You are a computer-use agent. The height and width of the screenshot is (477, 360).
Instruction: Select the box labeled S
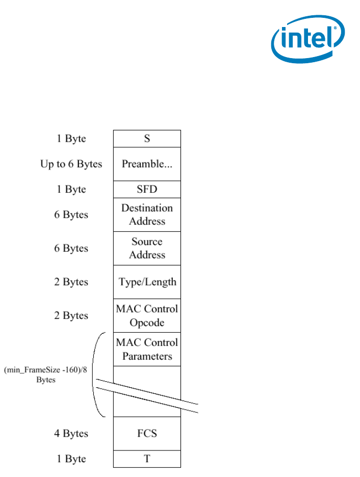pyautogui.click(x=147, y=139)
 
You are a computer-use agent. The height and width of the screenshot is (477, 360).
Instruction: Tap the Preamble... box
pyautogui.click(x=147, y=164)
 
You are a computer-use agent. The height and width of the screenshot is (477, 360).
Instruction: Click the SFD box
pyautogui.click(x=147, y=189)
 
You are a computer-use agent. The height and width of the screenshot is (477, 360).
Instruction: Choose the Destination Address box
pyautogui.click(x=147, y=215)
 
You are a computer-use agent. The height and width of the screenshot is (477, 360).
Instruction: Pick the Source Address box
pyautogui.click(x=147, y=248)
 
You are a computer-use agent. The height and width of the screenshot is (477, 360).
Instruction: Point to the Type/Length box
pyautogui.click(x=147, y=282)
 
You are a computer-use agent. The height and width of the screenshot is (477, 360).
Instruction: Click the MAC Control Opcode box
pyautogui.click(x=147, y=315)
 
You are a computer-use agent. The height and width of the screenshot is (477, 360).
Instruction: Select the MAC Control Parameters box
pyautogui.click(x=147, y=349)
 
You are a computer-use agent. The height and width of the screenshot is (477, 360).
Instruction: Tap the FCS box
pyautogui.click(x=147, y=434)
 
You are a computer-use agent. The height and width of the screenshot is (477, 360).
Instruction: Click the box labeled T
pyautogui.click(x=147, y=459)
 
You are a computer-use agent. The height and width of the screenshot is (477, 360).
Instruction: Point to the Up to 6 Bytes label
pyautogui.click(x=71, y=164)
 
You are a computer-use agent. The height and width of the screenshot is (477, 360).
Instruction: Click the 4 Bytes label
pyautogui.click(x=71, y=434)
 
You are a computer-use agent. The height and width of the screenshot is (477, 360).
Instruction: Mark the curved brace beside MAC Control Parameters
pyautogui.click(x=95, y=375)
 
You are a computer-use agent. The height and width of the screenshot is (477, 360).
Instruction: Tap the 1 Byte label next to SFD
pyautogui.click(x=71, y=189)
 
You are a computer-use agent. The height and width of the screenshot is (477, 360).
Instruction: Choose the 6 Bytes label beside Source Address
pyautogui.click(x=71, y=248)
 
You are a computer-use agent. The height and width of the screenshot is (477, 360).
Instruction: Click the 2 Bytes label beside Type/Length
pyautogui.click(x=71, y=282)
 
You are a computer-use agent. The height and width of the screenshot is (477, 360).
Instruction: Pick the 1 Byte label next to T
pyautogui.click(x=71, y=459)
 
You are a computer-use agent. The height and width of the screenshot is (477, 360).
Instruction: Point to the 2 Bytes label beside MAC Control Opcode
pyautogui.click(x=71, y=315)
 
